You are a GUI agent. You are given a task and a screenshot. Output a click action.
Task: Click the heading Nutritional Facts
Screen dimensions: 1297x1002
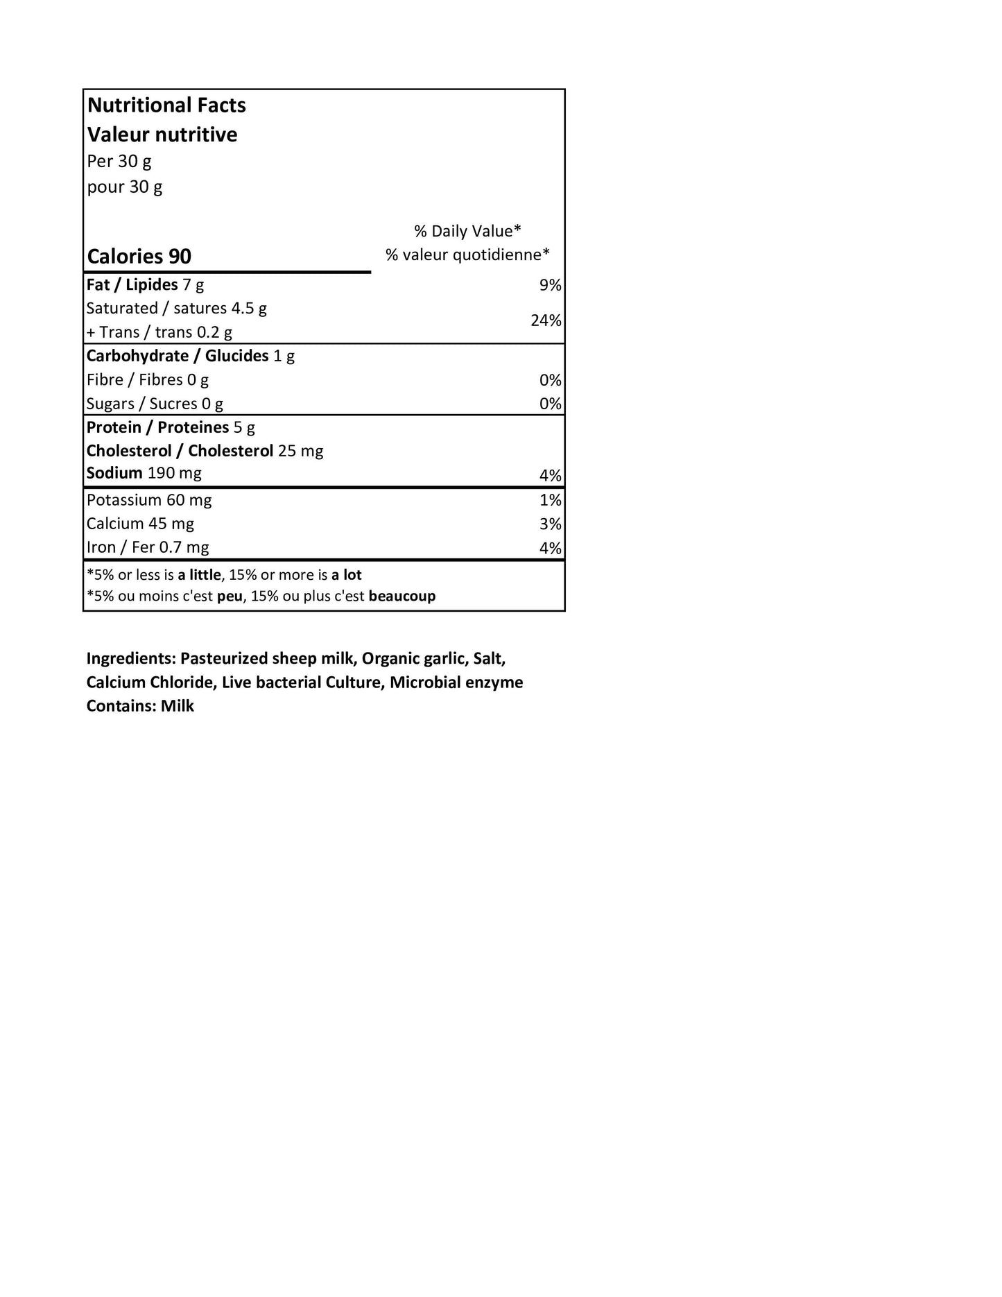tap(166, 105)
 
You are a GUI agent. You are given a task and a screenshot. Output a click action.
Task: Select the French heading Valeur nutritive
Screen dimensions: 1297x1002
tap(162, 135)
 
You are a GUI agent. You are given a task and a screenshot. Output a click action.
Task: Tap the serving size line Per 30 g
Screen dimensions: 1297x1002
tap(119, 161)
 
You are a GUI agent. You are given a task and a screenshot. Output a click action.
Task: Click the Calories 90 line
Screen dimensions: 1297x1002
tap(139, 257)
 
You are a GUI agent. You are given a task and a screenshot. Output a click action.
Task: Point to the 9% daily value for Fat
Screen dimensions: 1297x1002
tap(550, 285)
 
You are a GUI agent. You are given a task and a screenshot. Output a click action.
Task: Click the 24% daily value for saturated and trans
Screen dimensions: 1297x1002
tap(546, 320)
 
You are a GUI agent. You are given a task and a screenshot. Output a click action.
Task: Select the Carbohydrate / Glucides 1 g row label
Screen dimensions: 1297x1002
tap(190, 356)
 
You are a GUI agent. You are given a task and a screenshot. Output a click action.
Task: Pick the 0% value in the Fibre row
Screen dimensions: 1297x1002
tap(550, 380)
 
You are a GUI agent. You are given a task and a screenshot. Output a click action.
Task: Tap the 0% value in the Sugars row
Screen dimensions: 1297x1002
tap(550, 404)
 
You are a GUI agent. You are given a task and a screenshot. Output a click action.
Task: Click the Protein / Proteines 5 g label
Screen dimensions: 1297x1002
tap(171, 427)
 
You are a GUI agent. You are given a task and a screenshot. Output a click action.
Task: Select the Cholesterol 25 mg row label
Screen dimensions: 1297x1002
tap(205, 451)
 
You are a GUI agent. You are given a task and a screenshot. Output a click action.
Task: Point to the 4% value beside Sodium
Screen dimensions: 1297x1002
tap(550, 476)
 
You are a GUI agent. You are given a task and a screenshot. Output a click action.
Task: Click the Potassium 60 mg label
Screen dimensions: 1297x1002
tap(149, 500)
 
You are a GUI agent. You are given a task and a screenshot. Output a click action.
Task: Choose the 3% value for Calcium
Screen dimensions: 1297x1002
tap(550, 524)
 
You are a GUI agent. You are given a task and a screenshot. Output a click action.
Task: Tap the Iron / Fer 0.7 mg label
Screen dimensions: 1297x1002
tap(148, 547)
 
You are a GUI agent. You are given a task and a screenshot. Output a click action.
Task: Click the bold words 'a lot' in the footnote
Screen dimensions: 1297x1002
tap(346, 575)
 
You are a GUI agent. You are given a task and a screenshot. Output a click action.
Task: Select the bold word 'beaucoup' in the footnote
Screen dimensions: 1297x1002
tap(402, 596)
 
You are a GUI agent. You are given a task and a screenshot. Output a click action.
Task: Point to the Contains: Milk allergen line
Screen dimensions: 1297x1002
tap(140, 706)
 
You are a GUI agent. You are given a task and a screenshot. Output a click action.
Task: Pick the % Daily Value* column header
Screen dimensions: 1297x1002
tap(467, 231)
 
